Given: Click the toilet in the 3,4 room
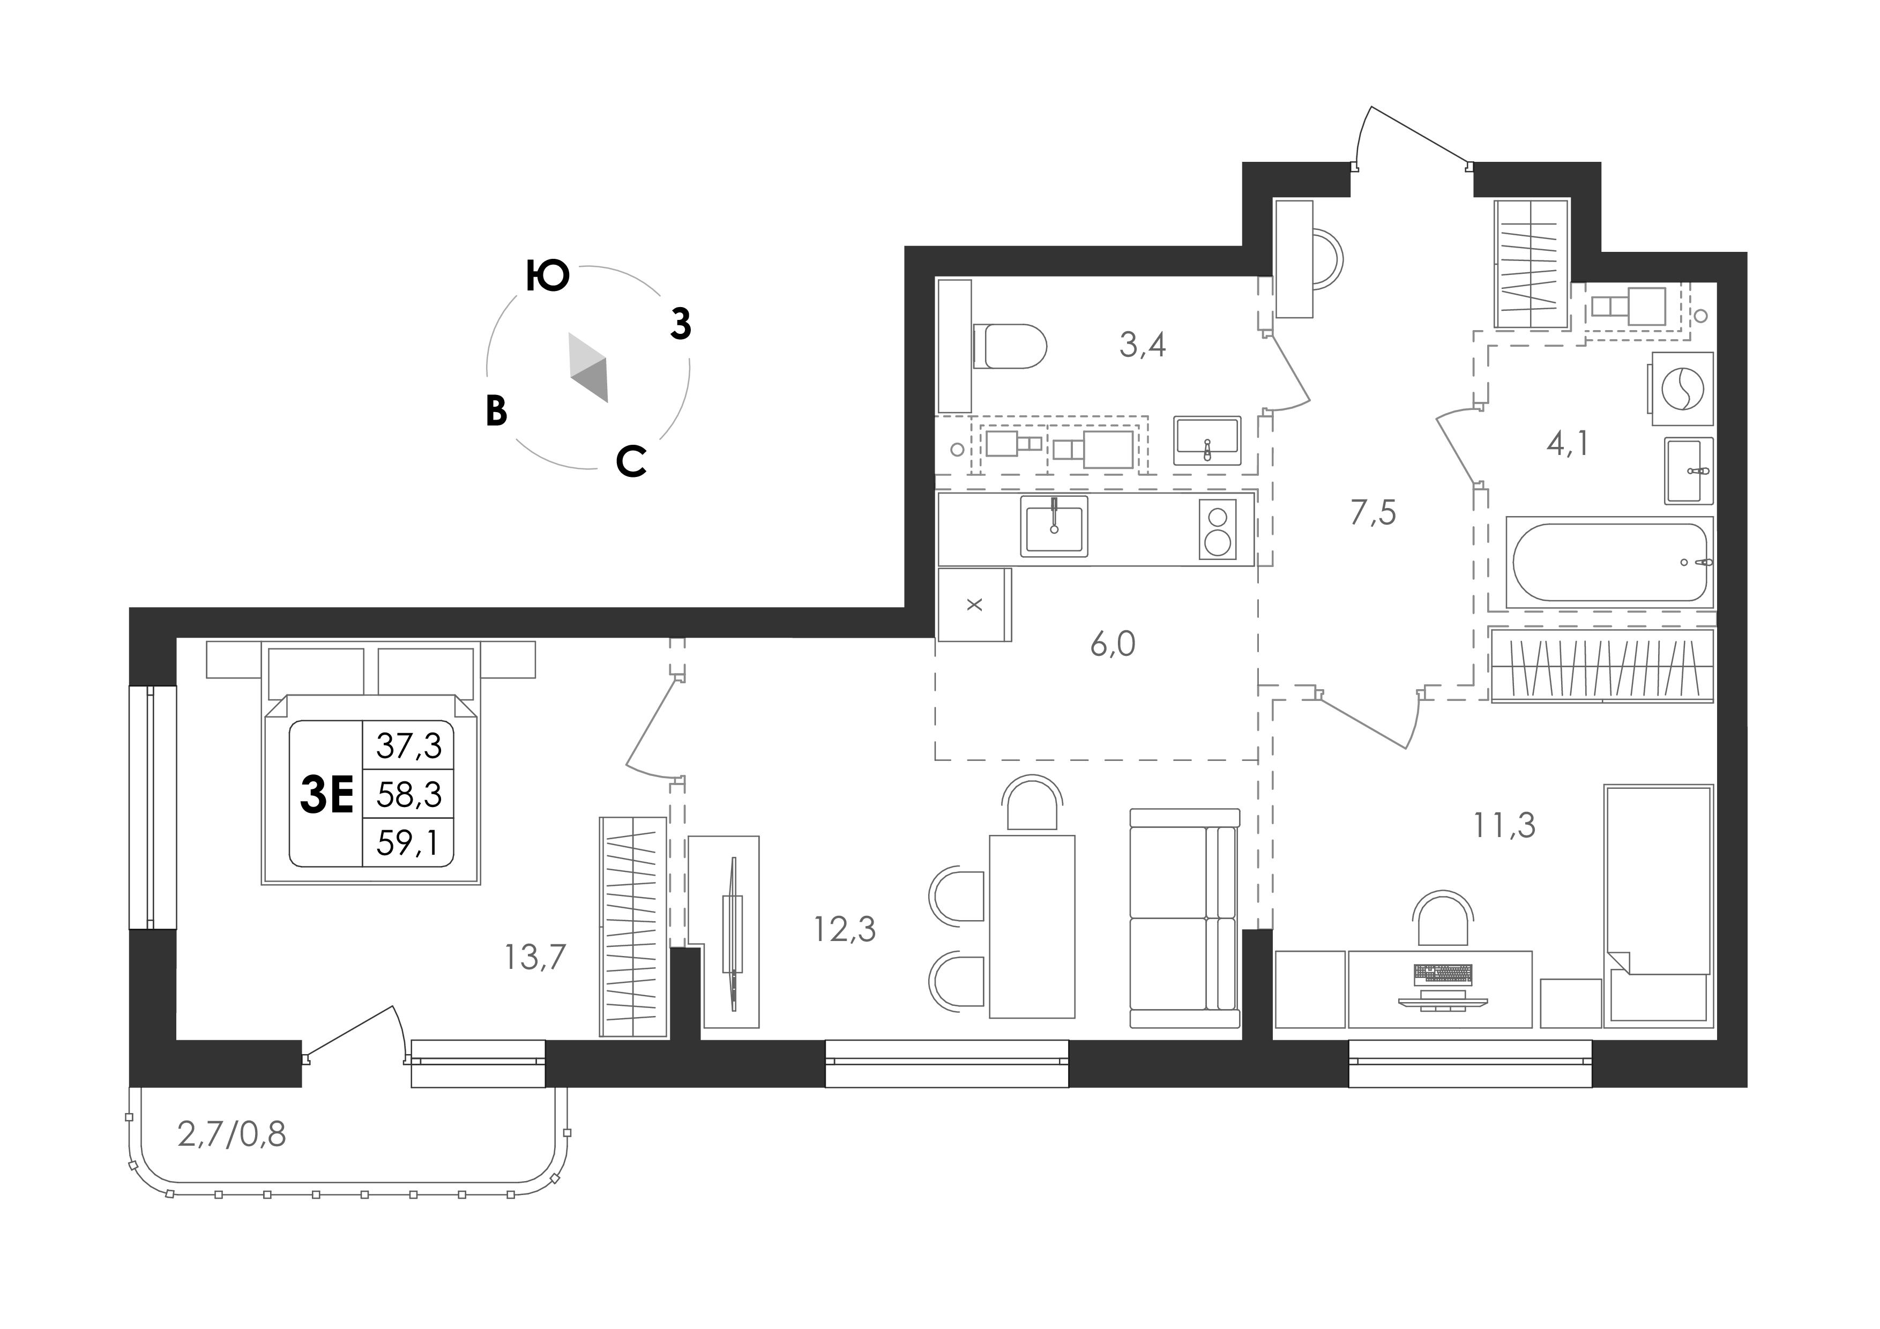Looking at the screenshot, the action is pos(1010,346).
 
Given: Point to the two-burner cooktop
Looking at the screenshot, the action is pos(1218,529).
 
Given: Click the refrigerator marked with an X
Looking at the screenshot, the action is pos(974,605).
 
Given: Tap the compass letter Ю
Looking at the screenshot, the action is pos(547,276).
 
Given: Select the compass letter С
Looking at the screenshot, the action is pos(631,462).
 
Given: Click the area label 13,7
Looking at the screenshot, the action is pos(535,957).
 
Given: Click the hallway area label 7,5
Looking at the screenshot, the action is pos(1373,513).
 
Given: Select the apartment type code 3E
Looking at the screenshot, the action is pos(327,794).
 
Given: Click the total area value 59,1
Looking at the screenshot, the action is pos(408,842).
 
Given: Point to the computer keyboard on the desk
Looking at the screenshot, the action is pos(1443,973).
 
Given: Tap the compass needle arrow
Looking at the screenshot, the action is pos(590,368).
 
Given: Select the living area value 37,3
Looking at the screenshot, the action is pos(408,745).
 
